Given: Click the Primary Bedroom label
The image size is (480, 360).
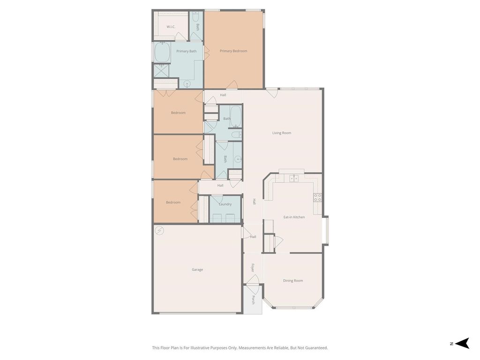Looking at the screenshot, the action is coord(233,51).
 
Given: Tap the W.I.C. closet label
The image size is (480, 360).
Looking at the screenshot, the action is coord(171,27).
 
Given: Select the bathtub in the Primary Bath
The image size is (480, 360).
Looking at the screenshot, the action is coord(162,52).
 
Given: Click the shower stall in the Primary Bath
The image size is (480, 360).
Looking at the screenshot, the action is coord(161,71).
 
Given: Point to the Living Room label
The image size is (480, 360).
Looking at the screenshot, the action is coord(282,133).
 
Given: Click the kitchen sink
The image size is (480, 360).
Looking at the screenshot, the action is coord(294,179).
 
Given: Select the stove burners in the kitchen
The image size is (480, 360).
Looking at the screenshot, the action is coord(317,197).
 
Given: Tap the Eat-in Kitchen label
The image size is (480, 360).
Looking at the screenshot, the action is coord(294,217).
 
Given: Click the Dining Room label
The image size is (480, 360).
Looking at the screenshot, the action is coord(293,280).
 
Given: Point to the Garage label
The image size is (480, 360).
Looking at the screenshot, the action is coord(197,270).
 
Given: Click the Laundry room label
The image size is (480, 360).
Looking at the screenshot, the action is coord(225,204).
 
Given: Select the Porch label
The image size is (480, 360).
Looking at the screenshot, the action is coord(254,300).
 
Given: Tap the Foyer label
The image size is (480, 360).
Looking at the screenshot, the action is coord(253,268).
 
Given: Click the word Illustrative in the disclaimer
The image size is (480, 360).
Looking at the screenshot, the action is coord(200,348).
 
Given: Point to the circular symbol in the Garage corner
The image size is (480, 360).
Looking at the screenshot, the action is coord(159,231).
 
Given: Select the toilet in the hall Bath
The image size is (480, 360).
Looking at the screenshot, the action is coord(236,135).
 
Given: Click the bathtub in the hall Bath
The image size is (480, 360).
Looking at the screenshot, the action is coord(236,117).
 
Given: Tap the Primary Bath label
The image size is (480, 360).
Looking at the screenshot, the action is coord(187,51).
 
